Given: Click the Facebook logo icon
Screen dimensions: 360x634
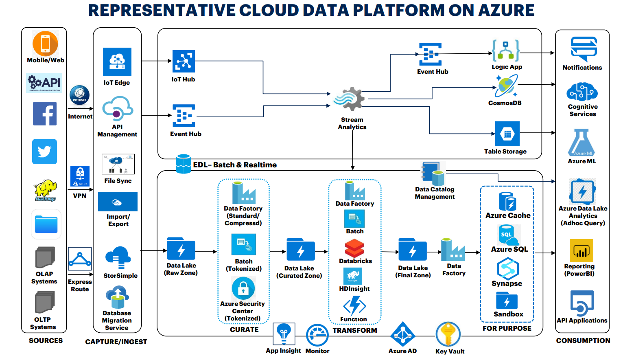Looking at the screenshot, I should (x=45, y=114).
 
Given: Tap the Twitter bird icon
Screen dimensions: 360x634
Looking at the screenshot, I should (x=44, y=152).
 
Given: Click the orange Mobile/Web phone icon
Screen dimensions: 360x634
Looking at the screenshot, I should (x=45, y=44).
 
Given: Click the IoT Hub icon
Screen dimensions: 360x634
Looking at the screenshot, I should (x=184, y=61).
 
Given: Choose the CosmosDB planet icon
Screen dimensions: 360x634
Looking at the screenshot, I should (x=506, y=86).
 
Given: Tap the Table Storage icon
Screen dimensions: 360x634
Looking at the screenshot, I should (x=507, y=134).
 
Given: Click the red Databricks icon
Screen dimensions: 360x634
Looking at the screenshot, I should (x=354, y=248).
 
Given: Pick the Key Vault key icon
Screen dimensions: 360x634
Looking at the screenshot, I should (x=448, y=334).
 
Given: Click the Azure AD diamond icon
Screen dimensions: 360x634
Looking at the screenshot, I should (x=402, y=334).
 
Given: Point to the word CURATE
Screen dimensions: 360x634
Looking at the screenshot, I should (x=244, y=329).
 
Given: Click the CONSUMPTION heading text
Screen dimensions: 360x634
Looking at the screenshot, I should (x=583, y=340).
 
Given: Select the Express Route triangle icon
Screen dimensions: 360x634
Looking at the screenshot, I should (x=80, y=259).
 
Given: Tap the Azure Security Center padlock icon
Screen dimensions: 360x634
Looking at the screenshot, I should (x=243, y=288).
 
